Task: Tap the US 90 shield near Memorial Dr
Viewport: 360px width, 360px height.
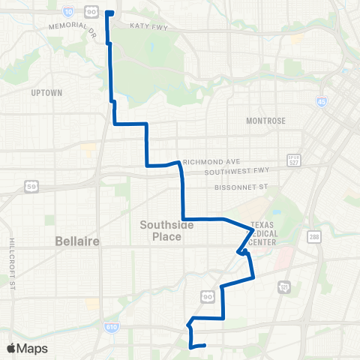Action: (91, 11)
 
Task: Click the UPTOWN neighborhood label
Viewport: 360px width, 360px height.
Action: (46, 93)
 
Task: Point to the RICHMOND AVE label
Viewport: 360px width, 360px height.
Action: (211, 160)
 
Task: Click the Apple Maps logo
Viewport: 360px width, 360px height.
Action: (28, 348)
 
